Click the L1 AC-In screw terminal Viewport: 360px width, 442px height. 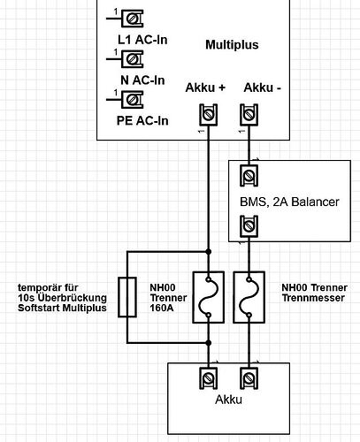(x=133, y=19)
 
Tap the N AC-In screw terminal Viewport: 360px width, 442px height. (x=133, y=59)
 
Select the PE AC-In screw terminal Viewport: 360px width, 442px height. (x=133, y=100)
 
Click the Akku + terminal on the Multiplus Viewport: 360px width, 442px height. (x=209, y=115)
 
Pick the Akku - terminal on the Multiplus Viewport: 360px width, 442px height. (x=249, y=115)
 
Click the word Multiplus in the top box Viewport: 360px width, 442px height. (x=232, y=45)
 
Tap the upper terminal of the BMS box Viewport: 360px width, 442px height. (x=249, y=176)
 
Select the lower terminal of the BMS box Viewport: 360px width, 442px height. (x=249, y=226)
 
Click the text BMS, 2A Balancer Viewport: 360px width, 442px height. (x=289, y=202)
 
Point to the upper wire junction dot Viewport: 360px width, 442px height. (x=209, y=252)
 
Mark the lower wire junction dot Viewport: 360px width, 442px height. (x=209, y=343)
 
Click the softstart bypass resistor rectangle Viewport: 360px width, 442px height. (x=127, y=297)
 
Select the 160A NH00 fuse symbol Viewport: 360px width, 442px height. (x=209, y=297)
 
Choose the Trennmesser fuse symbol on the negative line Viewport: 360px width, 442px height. (x=249, y=297)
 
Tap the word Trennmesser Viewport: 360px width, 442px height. (x=313, y=298)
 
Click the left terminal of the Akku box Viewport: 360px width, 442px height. (x=209, y=378)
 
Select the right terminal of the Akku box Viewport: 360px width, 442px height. (x=249, y=378)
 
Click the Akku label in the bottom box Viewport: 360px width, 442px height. (x=229, y=400)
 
